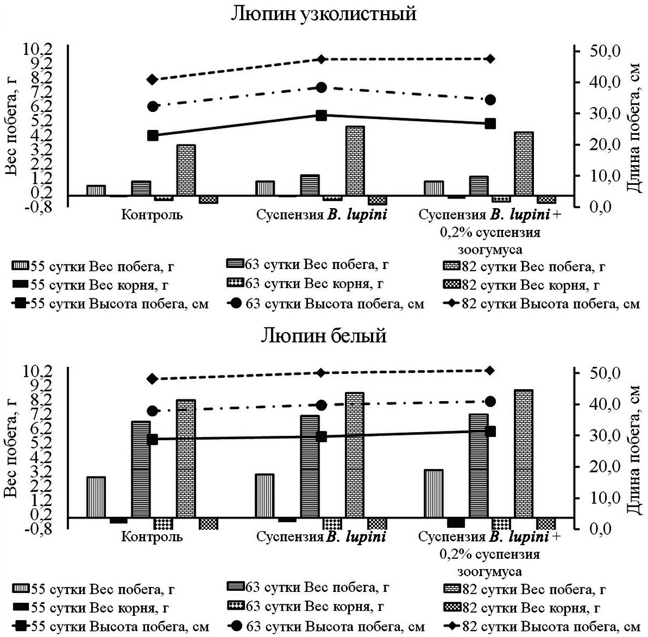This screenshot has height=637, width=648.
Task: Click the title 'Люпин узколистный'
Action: pyautogui.click(x=324, y=13)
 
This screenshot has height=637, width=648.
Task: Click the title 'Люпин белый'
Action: pyautogui.click(x=324, y=335)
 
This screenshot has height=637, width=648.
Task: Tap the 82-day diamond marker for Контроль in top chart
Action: pyautogui.click(x=153, y=79)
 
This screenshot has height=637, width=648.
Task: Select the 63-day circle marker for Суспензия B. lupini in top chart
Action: pyautogui.click(x=321, y=88)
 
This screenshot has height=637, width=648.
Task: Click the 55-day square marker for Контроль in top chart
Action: pyautogui.click(x=153, y=135)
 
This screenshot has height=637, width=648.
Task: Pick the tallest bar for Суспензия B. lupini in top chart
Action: pyautogui.click(x=355, y=161)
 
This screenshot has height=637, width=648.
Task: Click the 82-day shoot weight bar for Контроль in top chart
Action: pyautogui.click(x=186, y=170)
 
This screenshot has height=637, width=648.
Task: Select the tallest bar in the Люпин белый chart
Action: pyautogui.click(x=524, y=454)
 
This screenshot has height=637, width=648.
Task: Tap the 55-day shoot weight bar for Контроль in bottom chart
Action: pyautogui.click(x=96, y=497)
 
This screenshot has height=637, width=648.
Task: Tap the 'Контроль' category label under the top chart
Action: pyautogui.click(x=152, y=215)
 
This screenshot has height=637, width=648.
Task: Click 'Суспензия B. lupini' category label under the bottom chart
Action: pyautogui.click(x=321, y=537)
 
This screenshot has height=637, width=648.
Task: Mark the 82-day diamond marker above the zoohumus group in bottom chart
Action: pyautogui.click(x=490, y=370)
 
